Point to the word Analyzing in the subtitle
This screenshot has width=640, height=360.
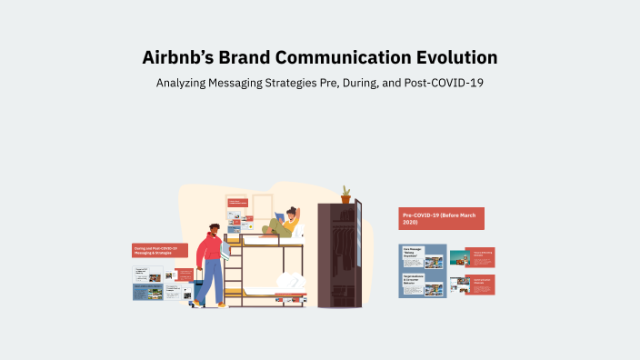point(185,83)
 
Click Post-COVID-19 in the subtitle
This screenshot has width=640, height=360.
point(448,83)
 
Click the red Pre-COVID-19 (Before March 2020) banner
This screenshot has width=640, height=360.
point(441,218)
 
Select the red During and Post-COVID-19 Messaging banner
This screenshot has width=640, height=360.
point(160,250)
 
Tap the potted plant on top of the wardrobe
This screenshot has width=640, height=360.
point(345,195)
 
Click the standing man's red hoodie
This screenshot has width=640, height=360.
point(210,249)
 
